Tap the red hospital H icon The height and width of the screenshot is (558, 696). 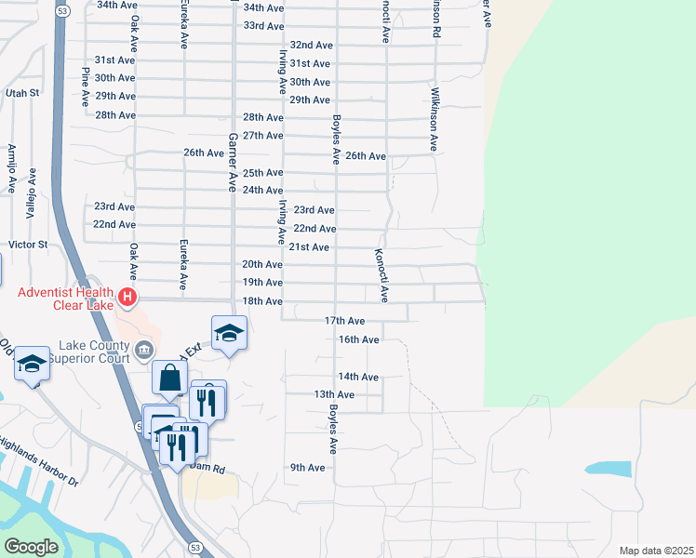(127, 299)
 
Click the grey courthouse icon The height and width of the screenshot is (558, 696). (144, 351)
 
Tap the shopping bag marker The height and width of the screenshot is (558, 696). (169, 379)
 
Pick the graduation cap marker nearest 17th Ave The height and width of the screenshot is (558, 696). (228, 332)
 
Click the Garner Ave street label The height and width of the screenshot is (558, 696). (233, 161)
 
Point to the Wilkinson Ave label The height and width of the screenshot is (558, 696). (434, 119)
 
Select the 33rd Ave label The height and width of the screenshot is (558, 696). (263, 25)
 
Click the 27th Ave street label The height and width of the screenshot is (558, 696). (262, 136)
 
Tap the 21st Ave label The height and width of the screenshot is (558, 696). (309, 247)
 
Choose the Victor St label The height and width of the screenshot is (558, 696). (27, 245)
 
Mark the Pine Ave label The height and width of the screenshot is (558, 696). (86, 86)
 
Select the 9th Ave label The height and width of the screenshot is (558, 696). (307, 468)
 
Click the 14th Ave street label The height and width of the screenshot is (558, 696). (358, 378)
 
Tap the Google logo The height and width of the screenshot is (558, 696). (31, 547)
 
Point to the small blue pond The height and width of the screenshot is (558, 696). (609, 470)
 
